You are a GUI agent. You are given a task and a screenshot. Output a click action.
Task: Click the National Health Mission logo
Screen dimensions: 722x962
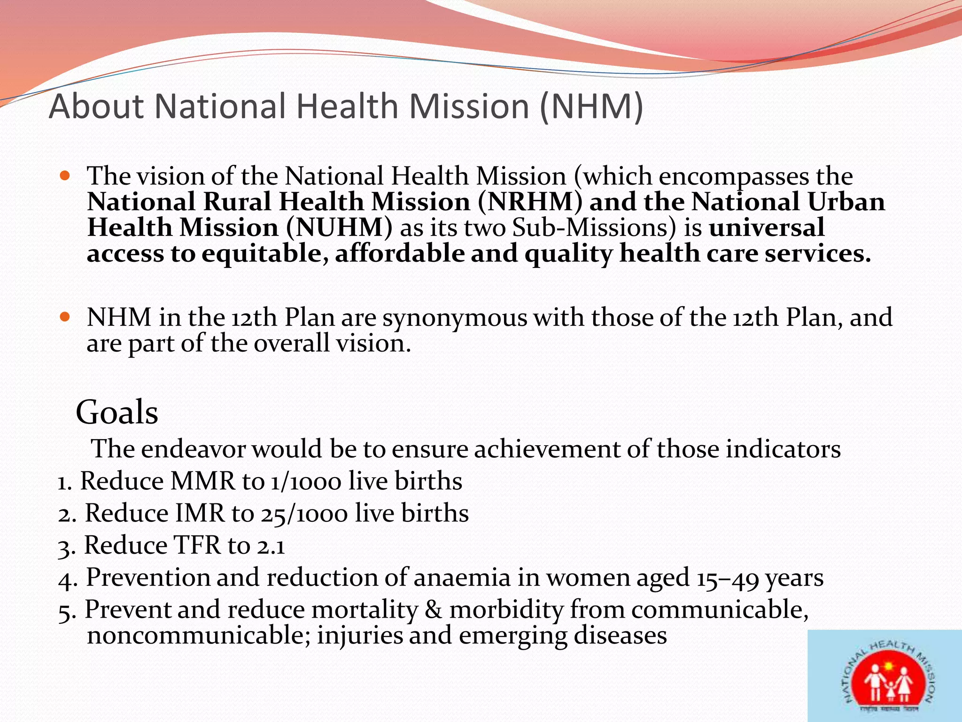tap(885, 676)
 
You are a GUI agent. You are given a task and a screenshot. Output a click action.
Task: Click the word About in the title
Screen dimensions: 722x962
tap(96, 106)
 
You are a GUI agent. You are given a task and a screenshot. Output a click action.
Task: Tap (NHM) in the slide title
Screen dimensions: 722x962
tap(591, 106)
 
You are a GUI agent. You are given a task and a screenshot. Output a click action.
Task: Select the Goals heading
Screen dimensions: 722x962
tap(117, 412)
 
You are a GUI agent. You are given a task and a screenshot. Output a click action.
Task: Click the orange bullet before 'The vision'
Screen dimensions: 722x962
tap(65, 176)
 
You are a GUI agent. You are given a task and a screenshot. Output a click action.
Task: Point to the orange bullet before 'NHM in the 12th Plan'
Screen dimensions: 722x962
tap(65, 317)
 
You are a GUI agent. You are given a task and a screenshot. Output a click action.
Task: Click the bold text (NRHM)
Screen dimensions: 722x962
tap(530, 202)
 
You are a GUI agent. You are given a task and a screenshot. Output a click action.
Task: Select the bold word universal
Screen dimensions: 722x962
tap(767, 228)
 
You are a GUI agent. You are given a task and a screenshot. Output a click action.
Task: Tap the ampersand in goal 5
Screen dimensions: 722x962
tap(433, 610)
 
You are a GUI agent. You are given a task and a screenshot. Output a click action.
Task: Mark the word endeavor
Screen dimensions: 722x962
tap(193, 449)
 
